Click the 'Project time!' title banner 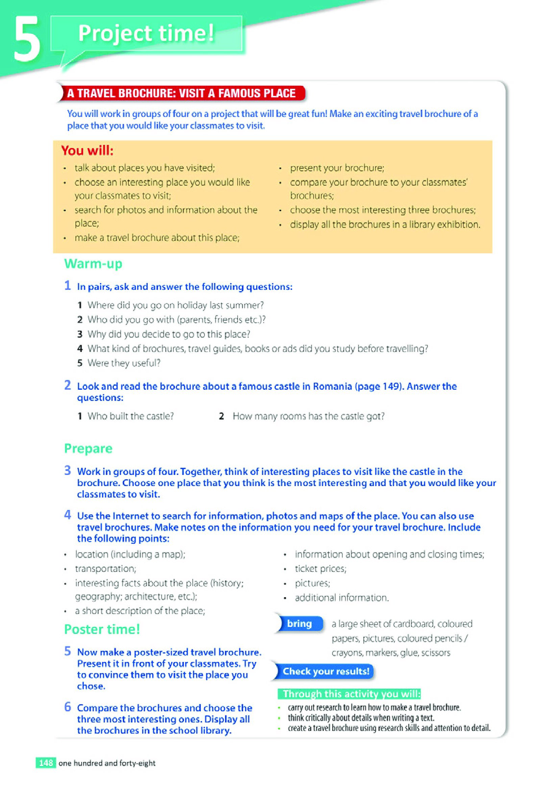click(146, 33)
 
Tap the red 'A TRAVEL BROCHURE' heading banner click(181, 93)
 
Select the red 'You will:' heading click(88, 151)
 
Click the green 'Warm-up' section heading click(93, 263)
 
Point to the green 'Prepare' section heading click(89, 448)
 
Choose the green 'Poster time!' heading click(102, 629)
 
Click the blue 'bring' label click(299, 623)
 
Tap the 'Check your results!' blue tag click(325, 671)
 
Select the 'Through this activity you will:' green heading click(351, 694)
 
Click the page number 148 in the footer click(46, 763)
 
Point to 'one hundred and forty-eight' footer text click(107, 763)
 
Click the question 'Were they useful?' click(124, 363)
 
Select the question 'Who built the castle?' click(130, 416)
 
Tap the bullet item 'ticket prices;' click(320, 569)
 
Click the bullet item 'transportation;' click(106, 569)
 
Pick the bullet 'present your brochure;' click(337, 168)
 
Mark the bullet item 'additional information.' click(342, 598)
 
